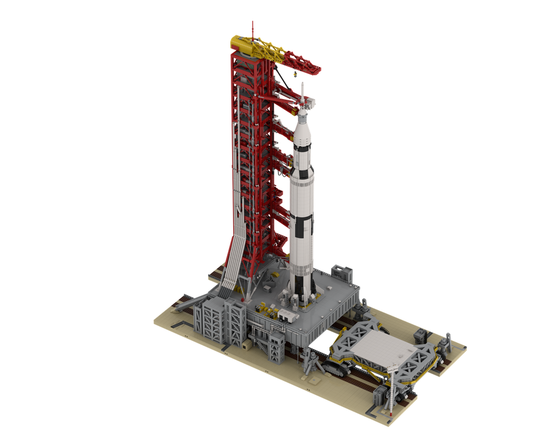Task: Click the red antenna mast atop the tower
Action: click(x=252, y=28)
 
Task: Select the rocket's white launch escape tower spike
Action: click(x=302, y=92)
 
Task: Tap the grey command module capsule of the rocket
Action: click(x=302, y=115)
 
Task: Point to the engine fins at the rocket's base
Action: click(x=302, y=291)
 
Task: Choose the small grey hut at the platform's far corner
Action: click(x=342, y=273)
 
